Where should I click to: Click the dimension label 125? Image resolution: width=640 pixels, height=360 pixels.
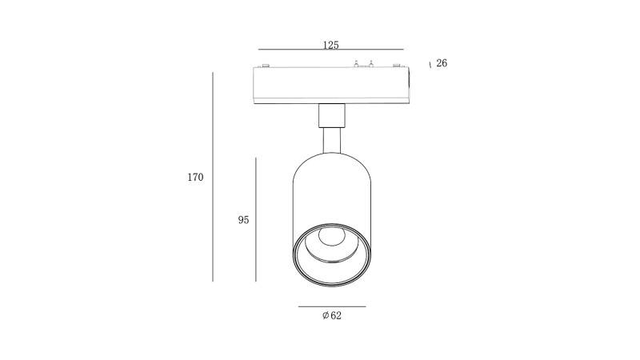pyautogui.click(x=330, y=45)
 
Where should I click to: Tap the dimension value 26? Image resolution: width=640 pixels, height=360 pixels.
pyautogui.click(x=442, y=63)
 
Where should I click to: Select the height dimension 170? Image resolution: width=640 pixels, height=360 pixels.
pyautogui.click(x=195, y=177)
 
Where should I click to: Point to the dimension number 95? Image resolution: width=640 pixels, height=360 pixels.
pyautogui.click(x=243, y=220)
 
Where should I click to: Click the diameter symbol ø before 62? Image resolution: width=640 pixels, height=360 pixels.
pyautogui.click(x=326, y=315)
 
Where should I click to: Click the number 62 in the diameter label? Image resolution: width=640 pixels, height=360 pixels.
pyautogui.click(x=336, y=315)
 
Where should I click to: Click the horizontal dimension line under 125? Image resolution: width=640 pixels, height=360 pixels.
pyautogui.click(x=330, y=50)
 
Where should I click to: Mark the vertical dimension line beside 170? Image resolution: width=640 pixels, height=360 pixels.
pyautogui.click(x=213, y=177)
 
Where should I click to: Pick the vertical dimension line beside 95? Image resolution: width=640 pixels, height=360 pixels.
pyautogui.click(x=255, y=219)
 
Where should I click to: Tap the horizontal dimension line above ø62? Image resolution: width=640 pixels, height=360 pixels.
pyautogui.click(x=332, y=306)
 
